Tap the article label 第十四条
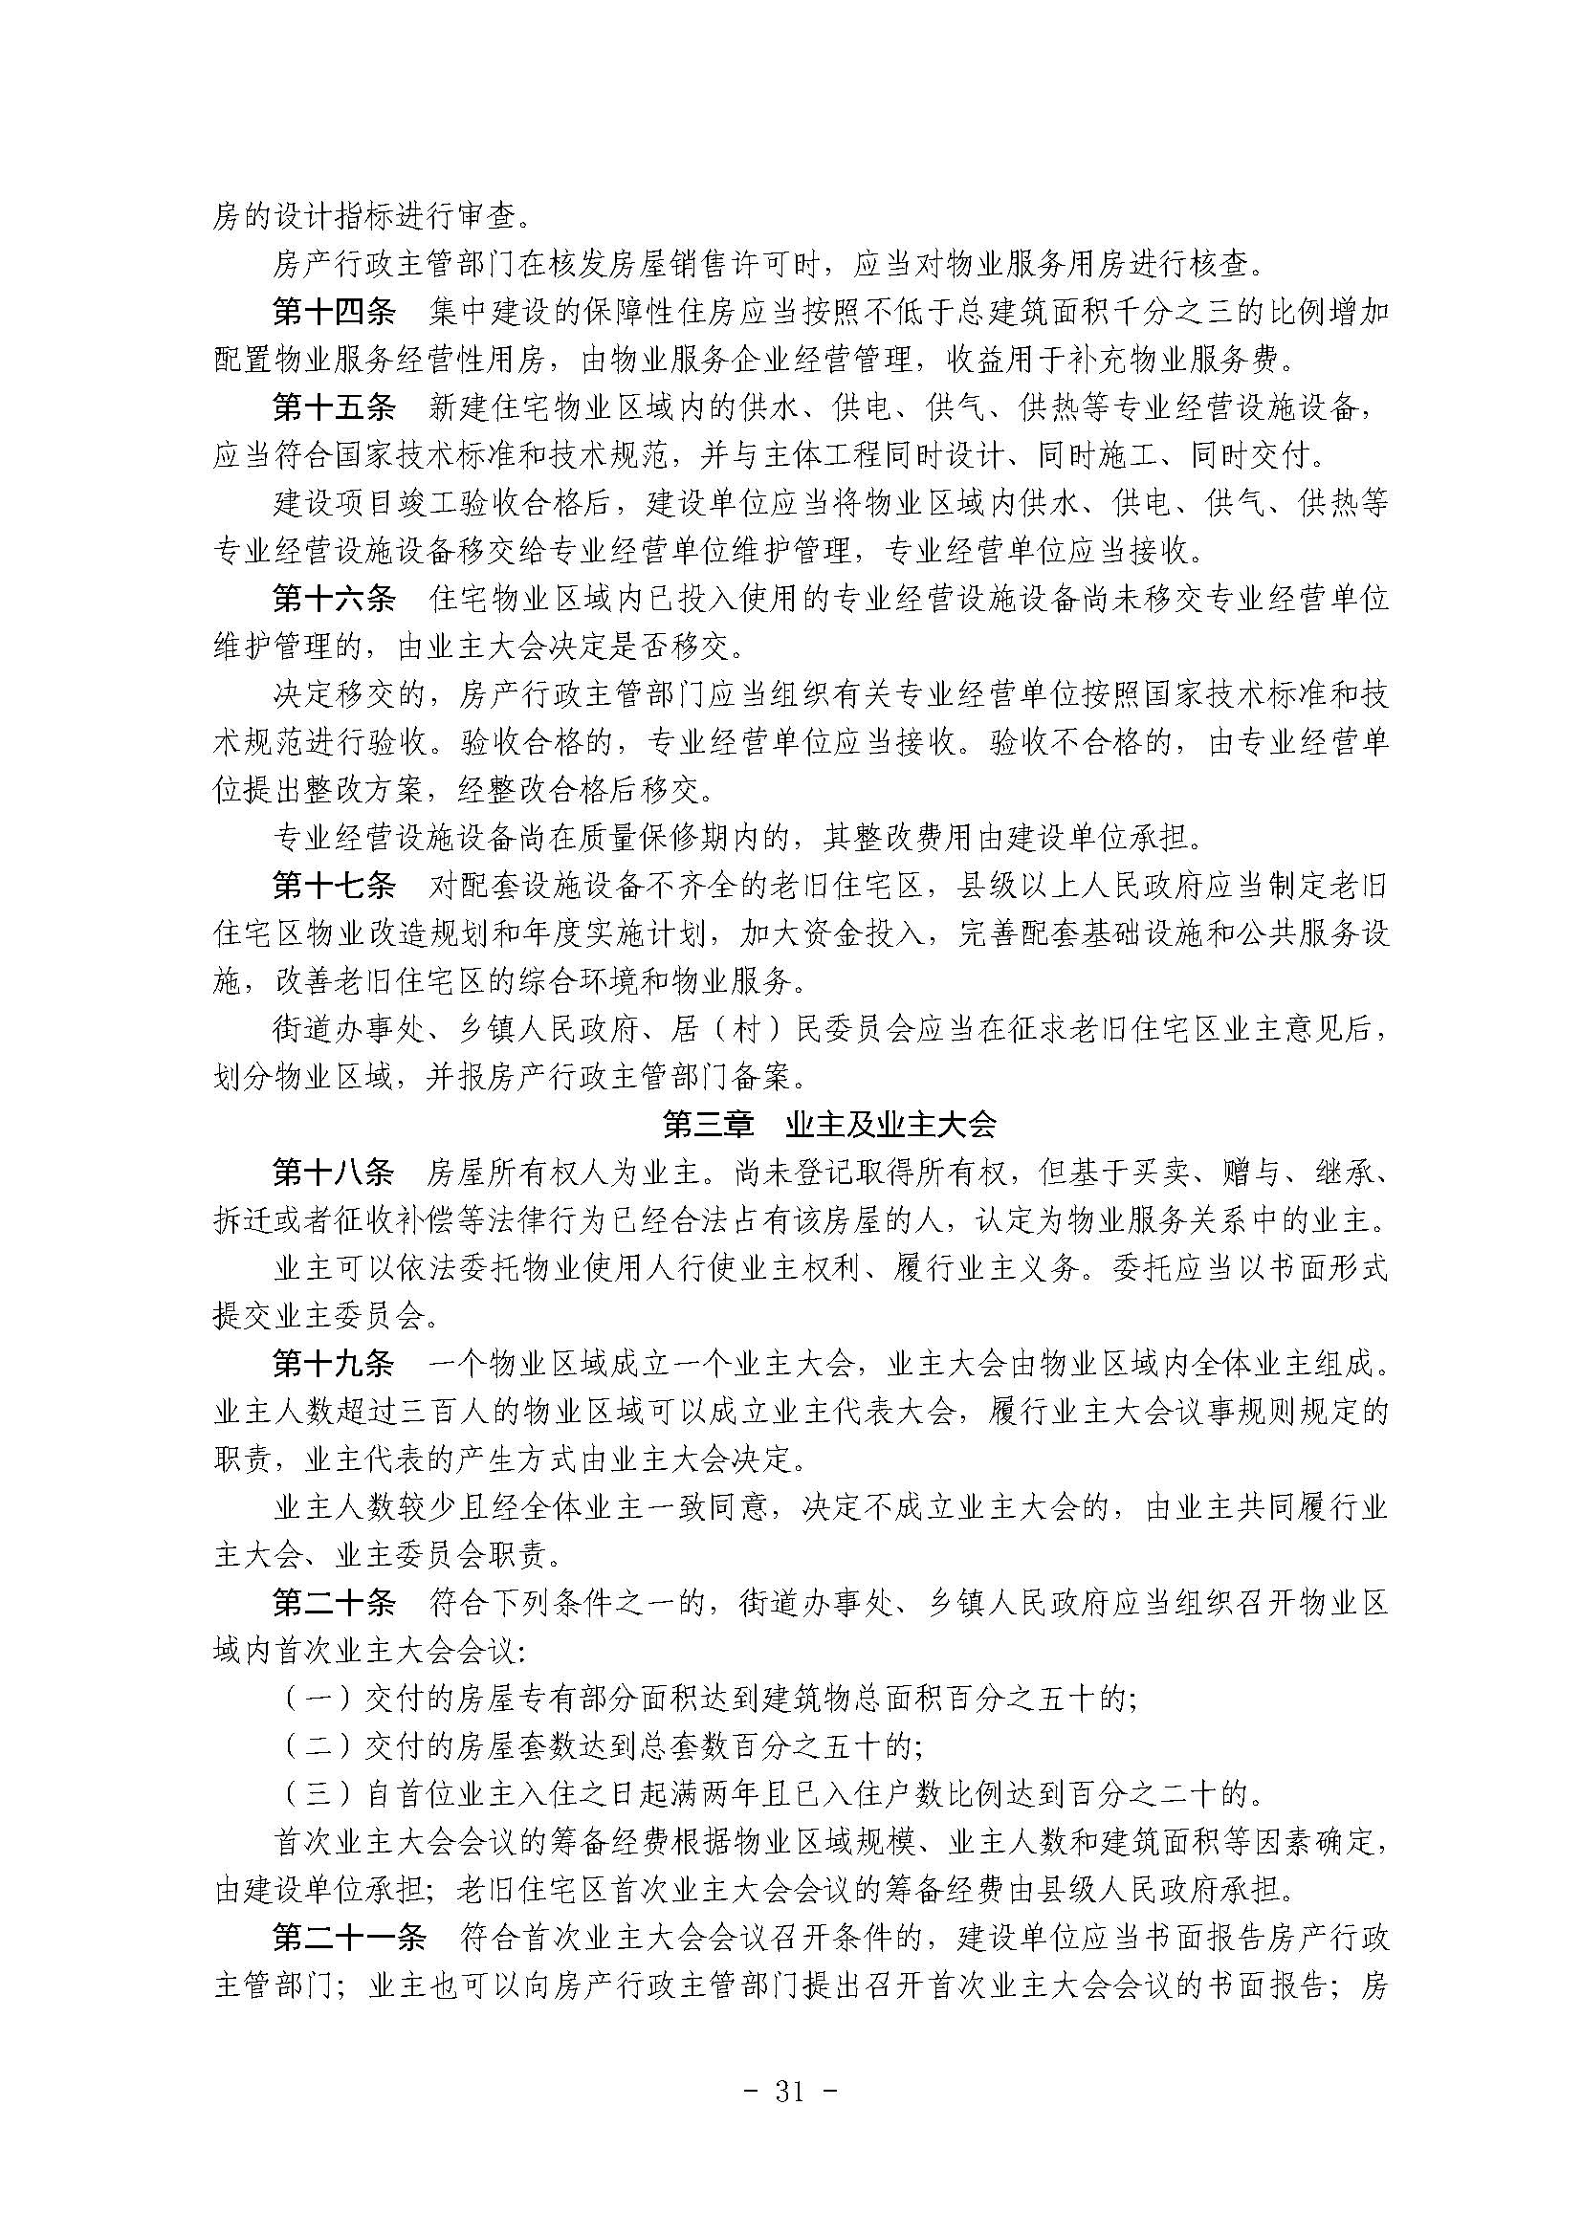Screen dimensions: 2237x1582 pos(334,313)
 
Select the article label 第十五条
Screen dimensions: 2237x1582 pos(334,408)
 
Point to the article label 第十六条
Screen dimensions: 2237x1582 pos(334,600)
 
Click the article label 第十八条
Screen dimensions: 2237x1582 pos(334,1173)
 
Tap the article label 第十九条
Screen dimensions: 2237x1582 pos(334,1364)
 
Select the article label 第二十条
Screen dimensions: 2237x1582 pos(334,1603)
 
